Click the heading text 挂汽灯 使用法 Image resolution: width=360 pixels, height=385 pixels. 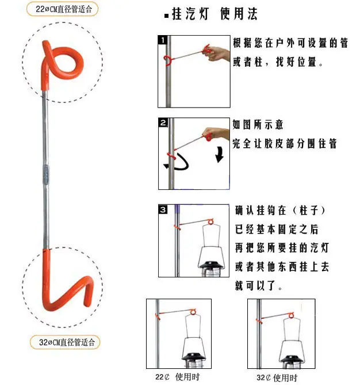215,14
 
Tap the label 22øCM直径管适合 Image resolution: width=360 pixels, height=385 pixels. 64,9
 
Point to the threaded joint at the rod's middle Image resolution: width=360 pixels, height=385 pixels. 46,174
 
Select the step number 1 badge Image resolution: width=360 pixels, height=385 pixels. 163,40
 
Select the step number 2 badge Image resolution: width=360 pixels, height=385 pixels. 163,123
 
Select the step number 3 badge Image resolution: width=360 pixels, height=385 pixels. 163,209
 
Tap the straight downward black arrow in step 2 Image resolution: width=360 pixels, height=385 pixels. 220,154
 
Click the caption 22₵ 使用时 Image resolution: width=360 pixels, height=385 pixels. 178,376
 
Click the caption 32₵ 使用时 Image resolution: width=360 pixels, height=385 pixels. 277,378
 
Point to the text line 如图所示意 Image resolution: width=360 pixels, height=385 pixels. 258,124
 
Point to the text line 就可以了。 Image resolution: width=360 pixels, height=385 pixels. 258,285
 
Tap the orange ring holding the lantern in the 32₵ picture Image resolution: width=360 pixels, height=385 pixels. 291,315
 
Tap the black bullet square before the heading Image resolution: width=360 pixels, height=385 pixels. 167,16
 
